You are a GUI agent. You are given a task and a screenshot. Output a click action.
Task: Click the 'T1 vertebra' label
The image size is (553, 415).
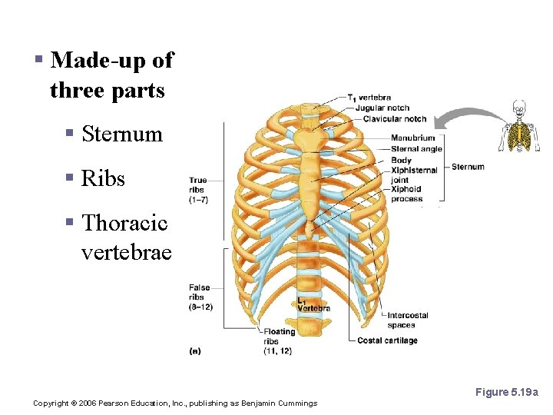click(x=372, y=98)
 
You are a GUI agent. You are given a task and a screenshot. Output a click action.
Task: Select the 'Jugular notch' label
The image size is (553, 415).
click(x=382, y=108)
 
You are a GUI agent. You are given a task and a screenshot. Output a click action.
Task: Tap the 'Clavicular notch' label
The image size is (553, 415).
click(x=394, y=118)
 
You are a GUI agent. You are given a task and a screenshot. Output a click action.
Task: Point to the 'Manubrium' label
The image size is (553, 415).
click(x=412, y=138)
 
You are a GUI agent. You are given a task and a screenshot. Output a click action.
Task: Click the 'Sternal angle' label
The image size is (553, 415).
click(x=416, y=149)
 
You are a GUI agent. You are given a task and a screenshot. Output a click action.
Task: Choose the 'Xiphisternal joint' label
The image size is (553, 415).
click(x=413, y=175)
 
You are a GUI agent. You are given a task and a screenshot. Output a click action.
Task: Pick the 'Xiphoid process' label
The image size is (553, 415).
click(x=407, y=194)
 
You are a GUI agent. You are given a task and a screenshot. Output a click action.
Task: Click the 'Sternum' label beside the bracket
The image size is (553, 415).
click(x=468, y=167)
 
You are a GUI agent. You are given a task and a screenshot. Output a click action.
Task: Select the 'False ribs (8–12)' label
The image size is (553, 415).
click(x=200, y=297)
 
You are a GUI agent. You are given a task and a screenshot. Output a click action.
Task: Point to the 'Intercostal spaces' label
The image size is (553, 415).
click(x=407, y=320)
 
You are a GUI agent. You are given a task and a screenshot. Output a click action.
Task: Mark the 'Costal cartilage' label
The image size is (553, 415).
click(x=387, y=340)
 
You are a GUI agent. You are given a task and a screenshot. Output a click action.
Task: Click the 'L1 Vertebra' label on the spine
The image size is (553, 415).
click(x=313, y=304)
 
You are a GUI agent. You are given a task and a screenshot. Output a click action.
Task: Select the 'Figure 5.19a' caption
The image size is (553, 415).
click(x=506, y=393)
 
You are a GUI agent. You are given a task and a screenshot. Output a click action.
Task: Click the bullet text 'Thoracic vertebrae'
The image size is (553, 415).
click(x=123, y=237)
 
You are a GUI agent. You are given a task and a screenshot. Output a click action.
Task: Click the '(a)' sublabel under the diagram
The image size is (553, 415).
click(x=195, y=351)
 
